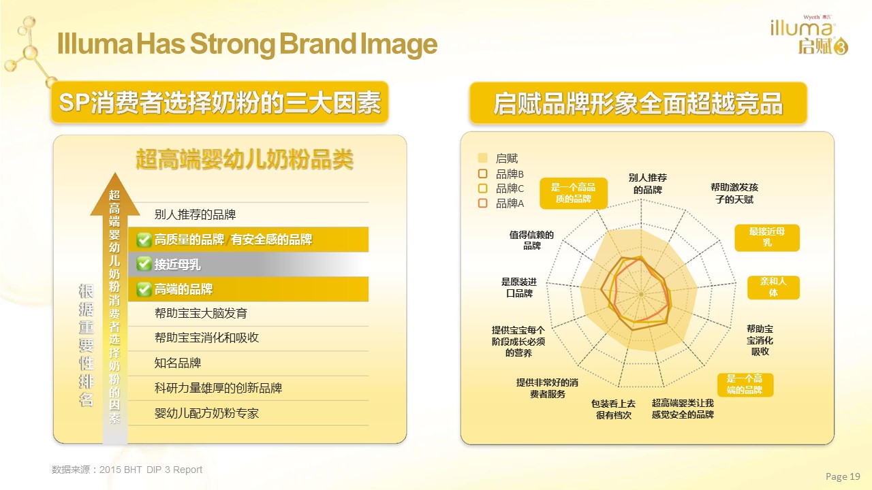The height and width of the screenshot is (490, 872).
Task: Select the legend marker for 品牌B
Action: click(482, 174)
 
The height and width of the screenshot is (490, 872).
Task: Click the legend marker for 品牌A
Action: click(482, 203)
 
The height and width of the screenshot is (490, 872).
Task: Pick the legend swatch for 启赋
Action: click(482, 158)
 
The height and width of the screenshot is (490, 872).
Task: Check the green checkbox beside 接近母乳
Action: click(144, 264)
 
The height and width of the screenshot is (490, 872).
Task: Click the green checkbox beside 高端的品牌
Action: click(144, 289)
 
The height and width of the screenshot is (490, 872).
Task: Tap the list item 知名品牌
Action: click(178, 363)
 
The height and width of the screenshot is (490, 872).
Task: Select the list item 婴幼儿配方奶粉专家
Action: click(206, 413)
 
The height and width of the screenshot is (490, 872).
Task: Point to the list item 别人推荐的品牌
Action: click(195, 214)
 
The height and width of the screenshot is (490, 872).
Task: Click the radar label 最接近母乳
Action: click(767, 238)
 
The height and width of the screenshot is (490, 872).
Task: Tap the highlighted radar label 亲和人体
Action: click(773, 287)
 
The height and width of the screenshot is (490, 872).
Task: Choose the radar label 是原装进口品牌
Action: click(519, 287)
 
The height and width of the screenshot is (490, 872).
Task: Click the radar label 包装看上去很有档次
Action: click(613, 410)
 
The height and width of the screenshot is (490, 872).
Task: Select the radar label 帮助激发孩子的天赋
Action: click(734, 193)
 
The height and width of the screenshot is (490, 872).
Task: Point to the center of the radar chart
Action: click(641, 295)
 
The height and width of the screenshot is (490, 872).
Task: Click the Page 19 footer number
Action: click(843, 476)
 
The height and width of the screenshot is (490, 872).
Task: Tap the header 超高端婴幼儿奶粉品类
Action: click(245, 159)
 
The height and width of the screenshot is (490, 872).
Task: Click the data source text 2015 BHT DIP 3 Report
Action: click(151, 470)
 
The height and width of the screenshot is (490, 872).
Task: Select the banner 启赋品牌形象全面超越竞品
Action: click(638, 103)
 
